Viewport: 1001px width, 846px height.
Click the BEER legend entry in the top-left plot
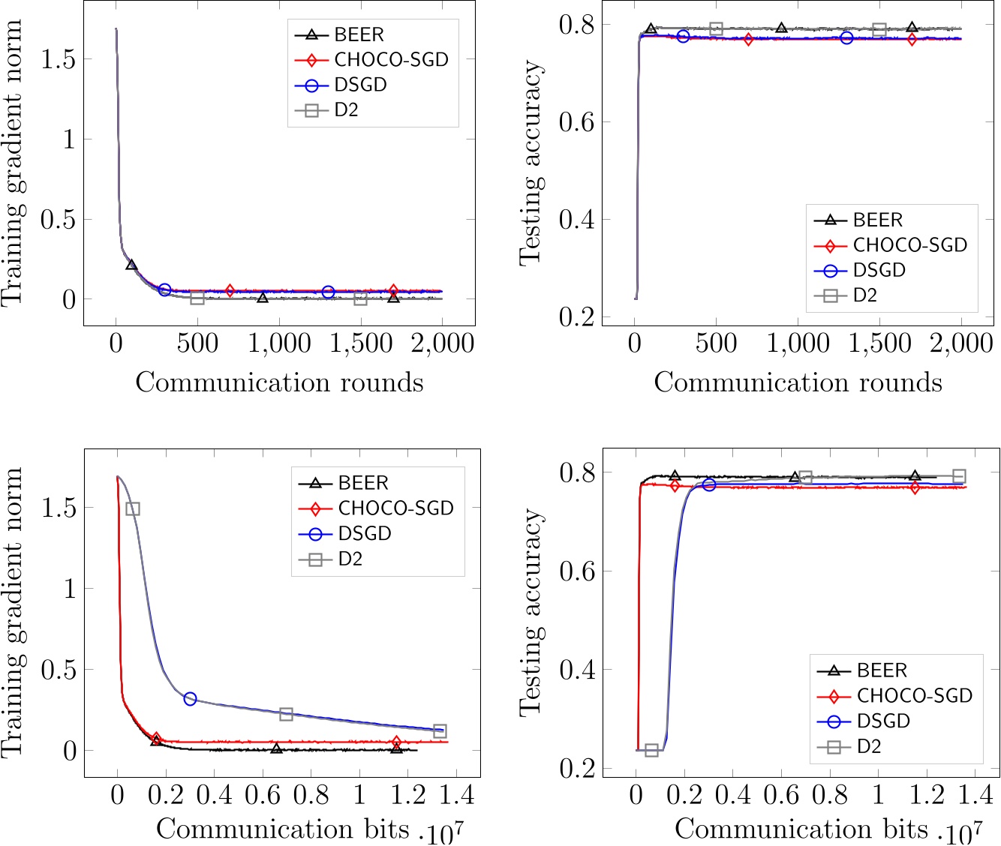click(359, 34)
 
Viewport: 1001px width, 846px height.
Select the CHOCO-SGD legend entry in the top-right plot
click(909, 245)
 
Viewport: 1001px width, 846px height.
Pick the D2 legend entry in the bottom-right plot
click(869, 747)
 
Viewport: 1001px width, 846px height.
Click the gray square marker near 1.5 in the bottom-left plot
click(133, 508)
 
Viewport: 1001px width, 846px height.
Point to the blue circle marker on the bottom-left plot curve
click(190, 699)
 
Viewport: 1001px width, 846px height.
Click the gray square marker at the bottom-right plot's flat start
click(651, 750)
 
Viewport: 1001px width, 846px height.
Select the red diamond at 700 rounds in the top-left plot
click(230, 290)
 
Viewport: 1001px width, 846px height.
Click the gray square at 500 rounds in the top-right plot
click(716, 28)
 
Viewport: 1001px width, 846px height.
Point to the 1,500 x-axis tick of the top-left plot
click(360, 344)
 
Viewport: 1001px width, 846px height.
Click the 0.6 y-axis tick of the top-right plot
click(576, 121)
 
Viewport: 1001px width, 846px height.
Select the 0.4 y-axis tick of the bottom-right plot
click(576, 669)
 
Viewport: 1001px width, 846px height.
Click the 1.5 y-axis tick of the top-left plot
click(59, 58)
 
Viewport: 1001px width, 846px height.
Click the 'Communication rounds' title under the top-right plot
click(798, 382)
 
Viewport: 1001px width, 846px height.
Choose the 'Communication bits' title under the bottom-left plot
click(283, 829)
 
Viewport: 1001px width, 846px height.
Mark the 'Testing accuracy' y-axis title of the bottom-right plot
click(531, 611)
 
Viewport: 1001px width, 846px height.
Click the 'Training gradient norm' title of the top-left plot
click(13, 163)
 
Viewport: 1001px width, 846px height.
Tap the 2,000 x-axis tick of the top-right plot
click(960, 344)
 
